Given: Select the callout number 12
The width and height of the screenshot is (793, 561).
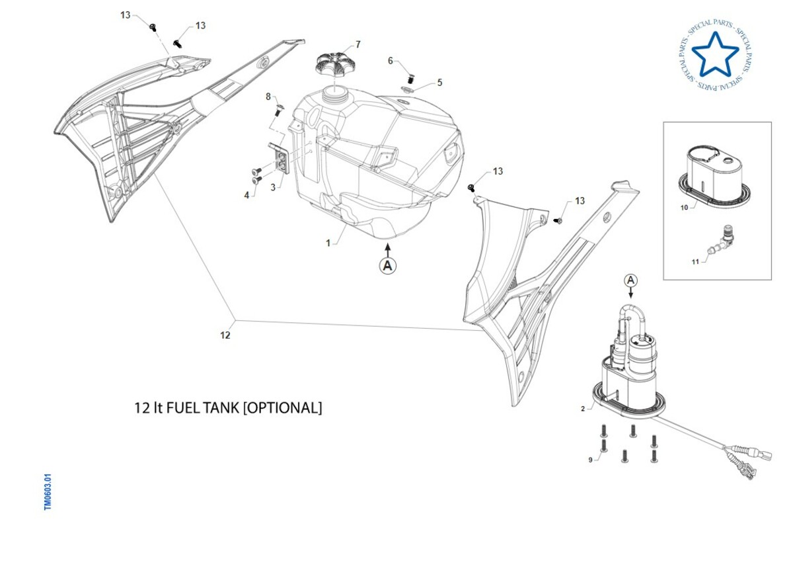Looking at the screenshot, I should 225,335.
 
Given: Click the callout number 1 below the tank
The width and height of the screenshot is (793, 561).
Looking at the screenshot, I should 328,243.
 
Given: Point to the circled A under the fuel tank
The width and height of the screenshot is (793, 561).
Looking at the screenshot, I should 388,266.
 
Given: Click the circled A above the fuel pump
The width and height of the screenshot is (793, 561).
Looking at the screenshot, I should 630,280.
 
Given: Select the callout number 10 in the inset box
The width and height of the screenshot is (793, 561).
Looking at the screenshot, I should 684,207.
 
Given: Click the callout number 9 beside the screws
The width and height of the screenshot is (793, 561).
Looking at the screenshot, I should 590,460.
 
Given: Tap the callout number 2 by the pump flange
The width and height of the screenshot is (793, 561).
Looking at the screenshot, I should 583,409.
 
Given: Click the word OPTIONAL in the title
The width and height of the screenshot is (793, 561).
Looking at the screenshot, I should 283,408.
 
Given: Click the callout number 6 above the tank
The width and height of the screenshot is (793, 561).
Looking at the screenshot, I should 391,61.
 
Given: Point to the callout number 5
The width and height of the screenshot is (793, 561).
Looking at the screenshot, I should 440,83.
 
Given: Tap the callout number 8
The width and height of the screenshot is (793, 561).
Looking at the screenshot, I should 269,97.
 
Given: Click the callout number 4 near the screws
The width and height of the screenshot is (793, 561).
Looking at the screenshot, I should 246,195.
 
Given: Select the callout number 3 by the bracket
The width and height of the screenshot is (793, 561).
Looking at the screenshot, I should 272,188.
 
